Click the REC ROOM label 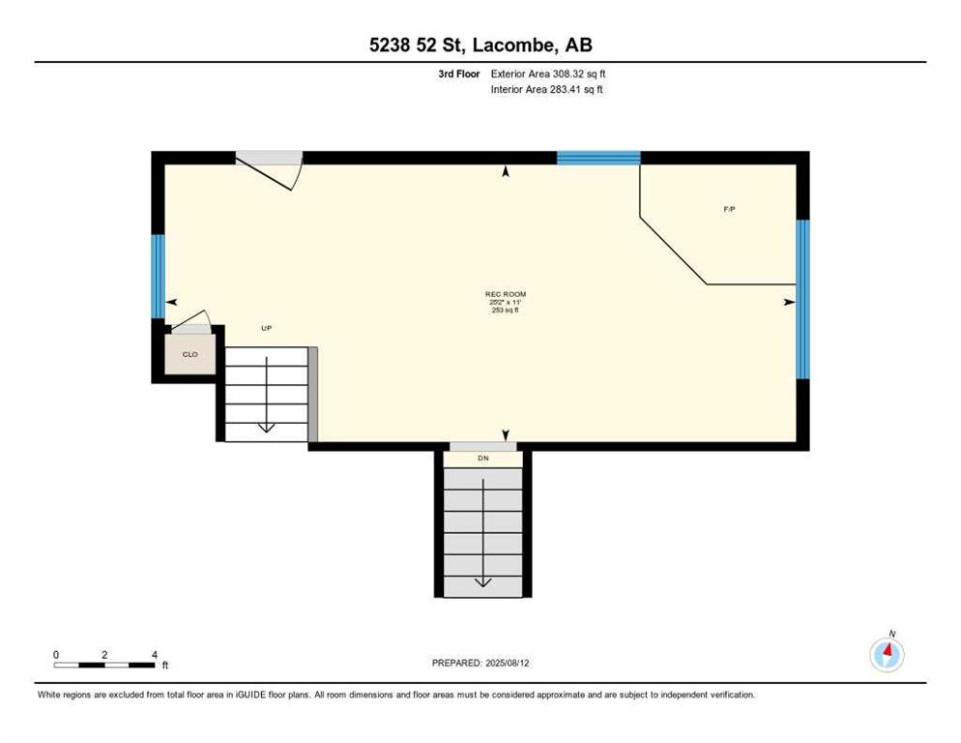click(x=506, y=294)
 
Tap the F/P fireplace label click(x=729, y=209)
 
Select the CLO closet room click(x=190, y=354)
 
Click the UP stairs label click(x=266, y=328)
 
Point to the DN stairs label click(x=483, y=459)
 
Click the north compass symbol click(x=887, y=654)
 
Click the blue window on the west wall click(x=159, y=276)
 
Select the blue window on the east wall click(x=802, y=299)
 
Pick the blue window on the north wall click(x=598, y=158)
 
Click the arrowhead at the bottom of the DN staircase click(x=483, y=582)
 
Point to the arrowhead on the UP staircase click(x=267, y=427)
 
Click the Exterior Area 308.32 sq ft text click(x=548, y=74)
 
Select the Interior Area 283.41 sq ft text click(x=546, y=90)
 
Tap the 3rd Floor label click(x=459, y=74)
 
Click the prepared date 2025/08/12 click(x=508, y=664)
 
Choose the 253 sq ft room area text click(x=506, y=310)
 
